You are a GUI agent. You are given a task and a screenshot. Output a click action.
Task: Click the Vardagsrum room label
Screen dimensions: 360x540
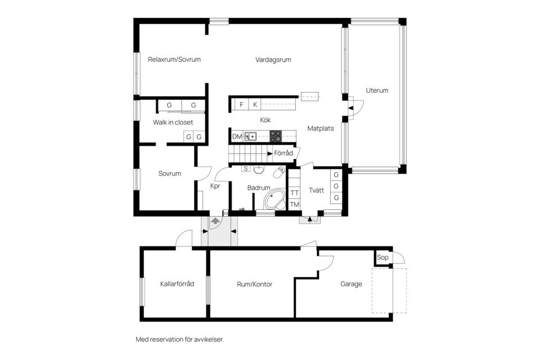[x=273, y=60]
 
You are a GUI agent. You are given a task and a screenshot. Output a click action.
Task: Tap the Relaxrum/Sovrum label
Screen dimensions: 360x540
[x=174, y=60]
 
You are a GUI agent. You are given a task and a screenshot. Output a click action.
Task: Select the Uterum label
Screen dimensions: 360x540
[x=377, y=90]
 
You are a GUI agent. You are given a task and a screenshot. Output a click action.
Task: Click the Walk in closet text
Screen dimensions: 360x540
[x=173, y=122]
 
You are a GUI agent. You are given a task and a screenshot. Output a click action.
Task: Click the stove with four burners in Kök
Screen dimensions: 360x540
[x=276, y=136]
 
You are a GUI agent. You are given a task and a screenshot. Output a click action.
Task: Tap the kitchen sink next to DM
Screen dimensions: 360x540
[x=251, y=136]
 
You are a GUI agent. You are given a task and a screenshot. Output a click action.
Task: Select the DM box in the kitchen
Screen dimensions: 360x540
[x=237, y=137]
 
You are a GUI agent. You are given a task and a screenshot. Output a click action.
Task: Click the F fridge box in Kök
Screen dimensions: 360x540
[x=241, y=105]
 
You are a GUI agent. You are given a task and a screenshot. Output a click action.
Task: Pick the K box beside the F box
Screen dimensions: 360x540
[x=255, y=105]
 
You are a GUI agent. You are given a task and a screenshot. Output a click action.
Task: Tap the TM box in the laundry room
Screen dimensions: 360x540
[x=294, y=205]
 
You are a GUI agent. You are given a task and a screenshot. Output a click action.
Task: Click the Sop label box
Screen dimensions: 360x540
[x=382, y=258]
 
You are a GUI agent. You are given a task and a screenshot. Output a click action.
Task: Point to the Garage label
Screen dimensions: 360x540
[x=351, y=284]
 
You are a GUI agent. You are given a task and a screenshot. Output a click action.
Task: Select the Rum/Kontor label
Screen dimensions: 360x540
[x=254, y=284]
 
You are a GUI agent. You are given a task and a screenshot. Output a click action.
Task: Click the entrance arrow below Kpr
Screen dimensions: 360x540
[x=215, y=222]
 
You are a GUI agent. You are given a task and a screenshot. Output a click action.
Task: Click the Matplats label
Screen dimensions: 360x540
[x=321, y=128]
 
